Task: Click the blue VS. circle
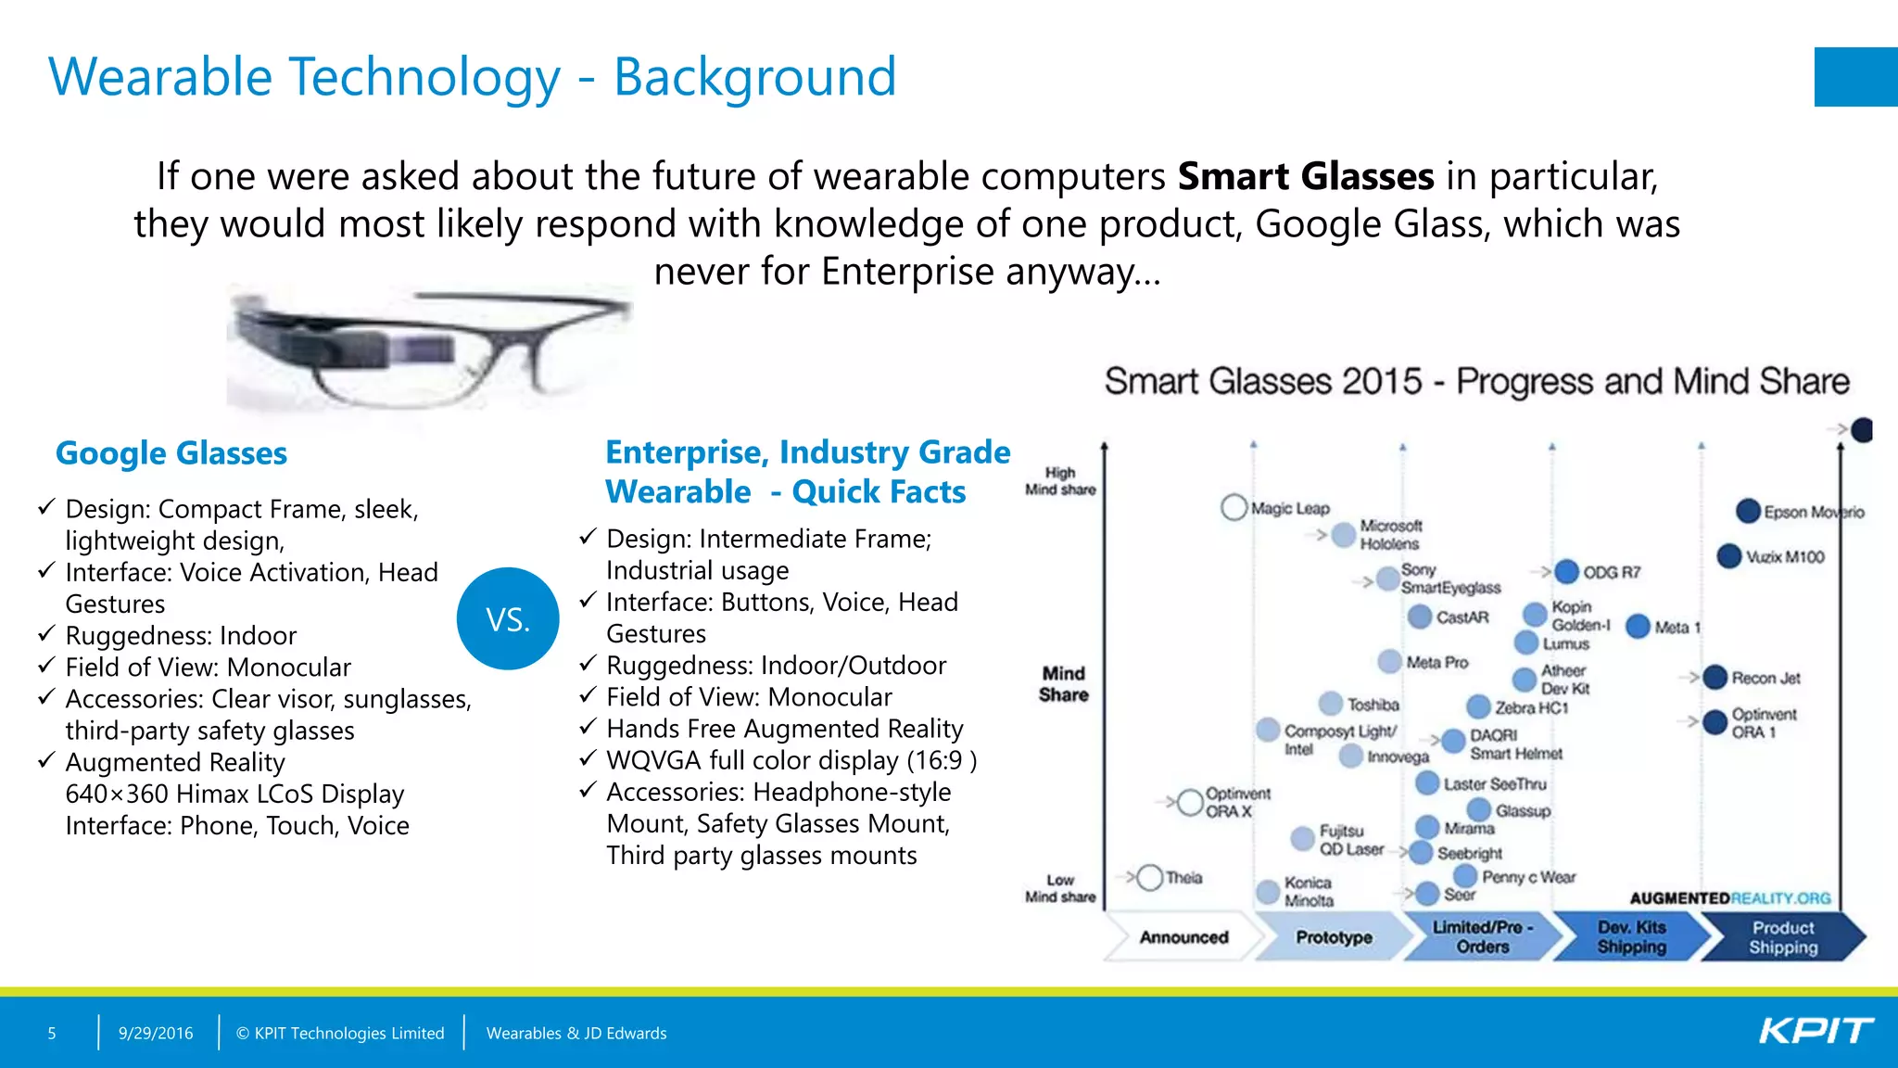tap(508, 618)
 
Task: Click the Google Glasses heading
tap(171, 453)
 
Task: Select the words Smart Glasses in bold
tap(1305, 176)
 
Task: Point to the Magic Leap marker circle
tap(1234, 507)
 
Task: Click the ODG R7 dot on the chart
tap(1566, 572)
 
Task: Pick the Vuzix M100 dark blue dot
tap(1728, 556)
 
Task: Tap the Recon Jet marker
tap(1715, 678)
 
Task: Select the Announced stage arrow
tap(1183, 937)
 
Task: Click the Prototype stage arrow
tap(1333, 937)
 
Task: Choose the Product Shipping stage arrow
tap(1782, 937)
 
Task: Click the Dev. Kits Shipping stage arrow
tap(1631, 937)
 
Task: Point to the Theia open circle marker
tap(1149, 877)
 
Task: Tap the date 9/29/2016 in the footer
tap(156, 1033)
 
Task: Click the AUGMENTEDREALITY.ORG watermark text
tap(1729, 897)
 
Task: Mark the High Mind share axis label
tap(1060, 481)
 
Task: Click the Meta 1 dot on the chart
tap(1638, 627)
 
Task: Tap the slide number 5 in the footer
tap(52, 1033)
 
